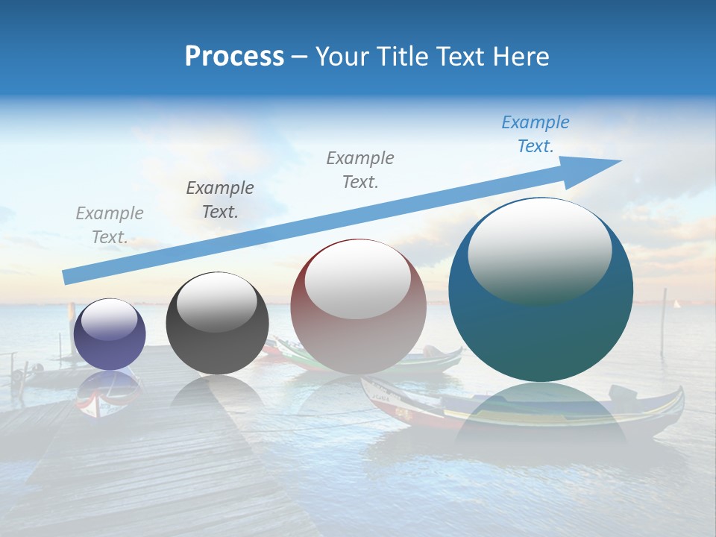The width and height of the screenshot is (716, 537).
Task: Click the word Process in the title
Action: (234, 57)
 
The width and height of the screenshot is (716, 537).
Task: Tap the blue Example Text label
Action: (535, 134)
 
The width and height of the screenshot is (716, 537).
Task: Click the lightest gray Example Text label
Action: (109, 225)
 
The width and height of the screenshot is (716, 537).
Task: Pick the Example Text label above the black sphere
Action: (219, 200)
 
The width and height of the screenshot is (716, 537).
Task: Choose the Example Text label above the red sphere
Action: (360, 170)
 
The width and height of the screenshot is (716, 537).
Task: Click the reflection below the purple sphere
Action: (109, 391)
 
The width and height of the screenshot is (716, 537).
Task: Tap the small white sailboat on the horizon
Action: (677, 304)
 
